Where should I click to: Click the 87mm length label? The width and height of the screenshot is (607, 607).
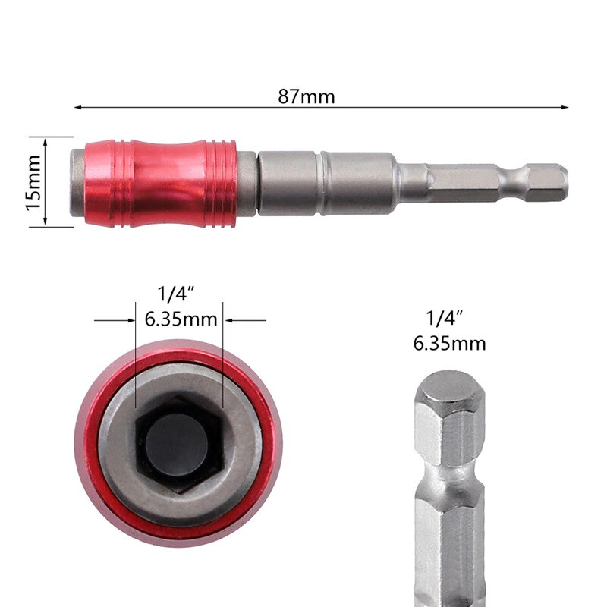307,96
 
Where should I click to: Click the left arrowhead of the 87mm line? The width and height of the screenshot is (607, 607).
78,108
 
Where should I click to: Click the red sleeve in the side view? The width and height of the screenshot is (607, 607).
159,183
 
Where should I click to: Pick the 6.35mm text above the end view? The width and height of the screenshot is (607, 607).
181,319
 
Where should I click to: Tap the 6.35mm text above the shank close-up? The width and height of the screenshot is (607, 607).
449,343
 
